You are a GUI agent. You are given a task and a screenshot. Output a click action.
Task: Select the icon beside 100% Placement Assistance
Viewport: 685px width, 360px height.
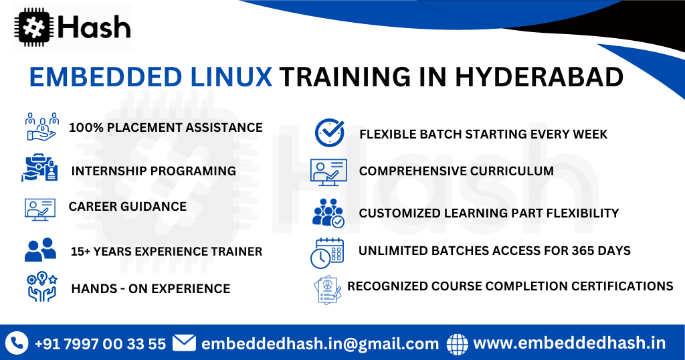coord(41,126)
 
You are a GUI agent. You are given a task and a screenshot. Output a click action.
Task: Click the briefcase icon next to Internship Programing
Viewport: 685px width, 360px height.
coord(40,168)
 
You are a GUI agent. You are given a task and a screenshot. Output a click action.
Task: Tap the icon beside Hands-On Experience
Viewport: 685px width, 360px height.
coord(40,288)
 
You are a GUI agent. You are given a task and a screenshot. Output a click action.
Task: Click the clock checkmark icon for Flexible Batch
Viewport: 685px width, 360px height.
coord(330,132)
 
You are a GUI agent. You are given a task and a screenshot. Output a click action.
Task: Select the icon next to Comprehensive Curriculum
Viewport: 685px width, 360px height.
coord(328,171)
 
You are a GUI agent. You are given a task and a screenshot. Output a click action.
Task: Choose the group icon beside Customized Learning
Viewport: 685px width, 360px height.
coord(328,213)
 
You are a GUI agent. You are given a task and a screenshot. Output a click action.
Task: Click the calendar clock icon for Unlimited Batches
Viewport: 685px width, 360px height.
coord(327,252)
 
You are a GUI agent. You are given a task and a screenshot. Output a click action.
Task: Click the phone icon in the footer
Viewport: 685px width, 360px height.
coord(16,343)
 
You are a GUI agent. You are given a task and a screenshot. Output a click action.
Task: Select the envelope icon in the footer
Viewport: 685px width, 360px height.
coord(184,343)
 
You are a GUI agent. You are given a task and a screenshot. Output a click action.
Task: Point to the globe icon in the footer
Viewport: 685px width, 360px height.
coord(458,343)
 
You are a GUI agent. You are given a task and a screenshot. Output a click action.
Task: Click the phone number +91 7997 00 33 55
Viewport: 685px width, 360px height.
coord(100,344)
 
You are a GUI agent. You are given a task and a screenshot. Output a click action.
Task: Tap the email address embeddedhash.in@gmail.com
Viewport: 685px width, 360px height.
coord(320,344)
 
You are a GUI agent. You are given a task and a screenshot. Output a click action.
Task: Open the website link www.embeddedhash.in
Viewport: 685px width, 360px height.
coord(569,343)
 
